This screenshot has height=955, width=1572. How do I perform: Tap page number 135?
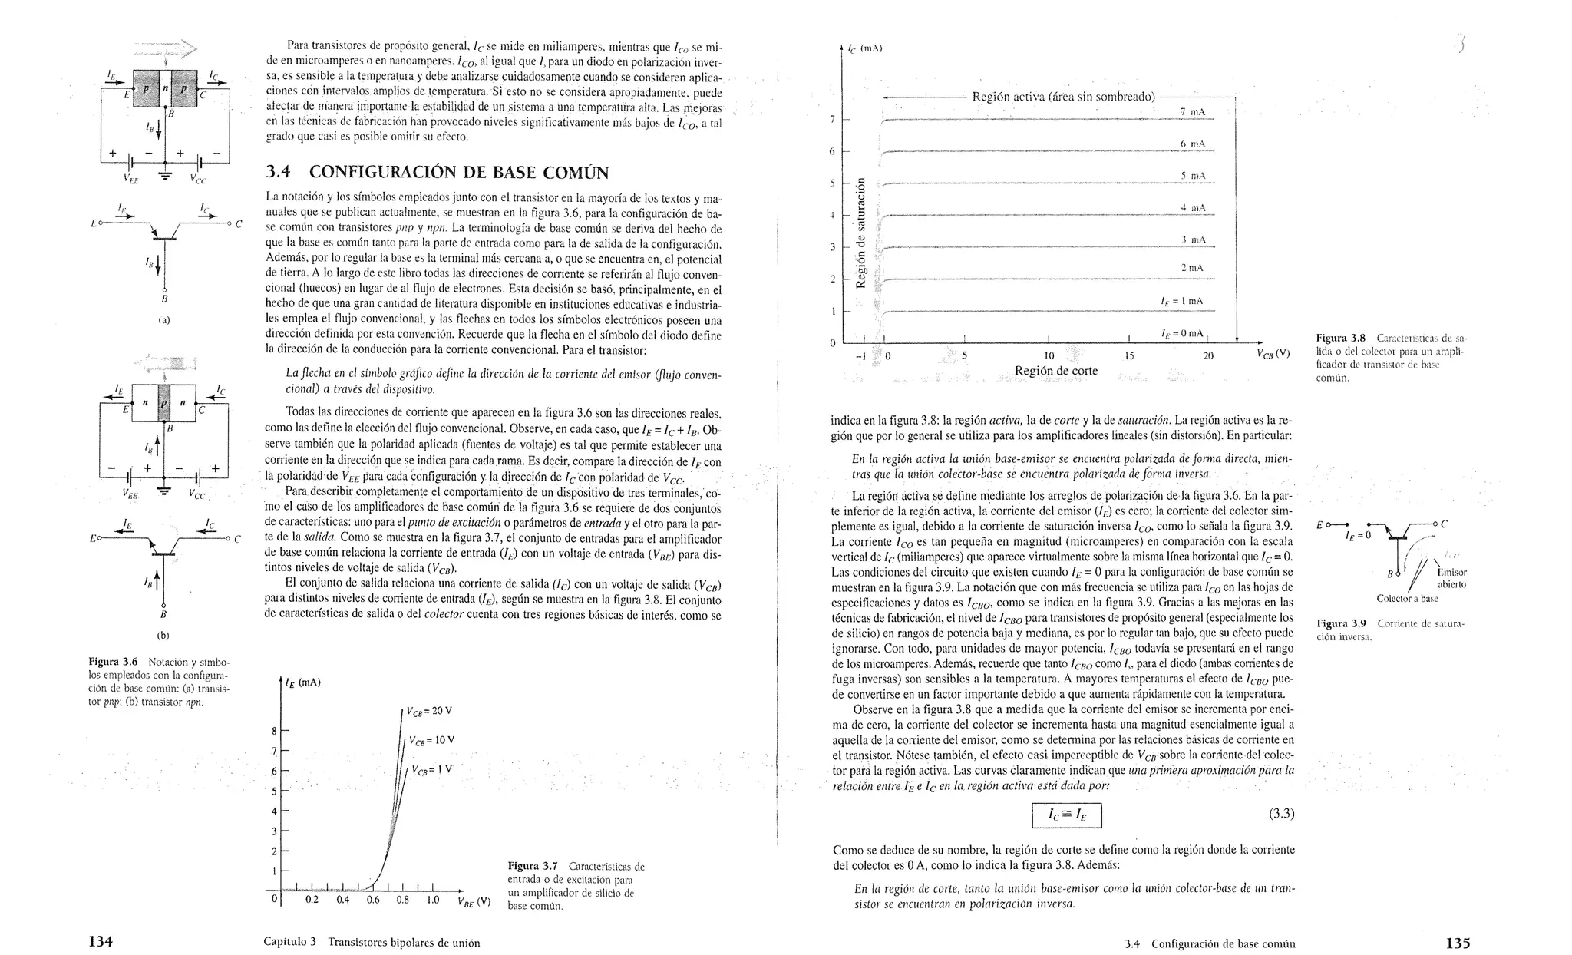1457,942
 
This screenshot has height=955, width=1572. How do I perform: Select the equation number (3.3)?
1281,814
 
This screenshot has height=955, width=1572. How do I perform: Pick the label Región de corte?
1055,372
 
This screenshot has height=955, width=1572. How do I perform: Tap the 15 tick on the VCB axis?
1128,356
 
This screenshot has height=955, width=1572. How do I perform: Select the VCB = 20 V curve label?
429,711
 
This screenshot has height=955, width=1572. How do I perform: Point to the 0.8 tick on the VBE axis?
402,900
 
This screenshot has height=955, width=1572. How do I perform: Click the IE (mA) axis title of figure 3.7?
303,682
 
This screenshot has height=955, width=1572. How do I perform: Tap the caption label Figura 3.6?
113,662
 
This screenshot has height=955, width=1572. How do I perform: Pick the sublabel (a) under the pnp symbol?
163,319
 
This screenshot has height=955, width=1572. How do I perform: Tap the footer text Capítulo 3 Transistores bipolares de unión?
372,943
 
